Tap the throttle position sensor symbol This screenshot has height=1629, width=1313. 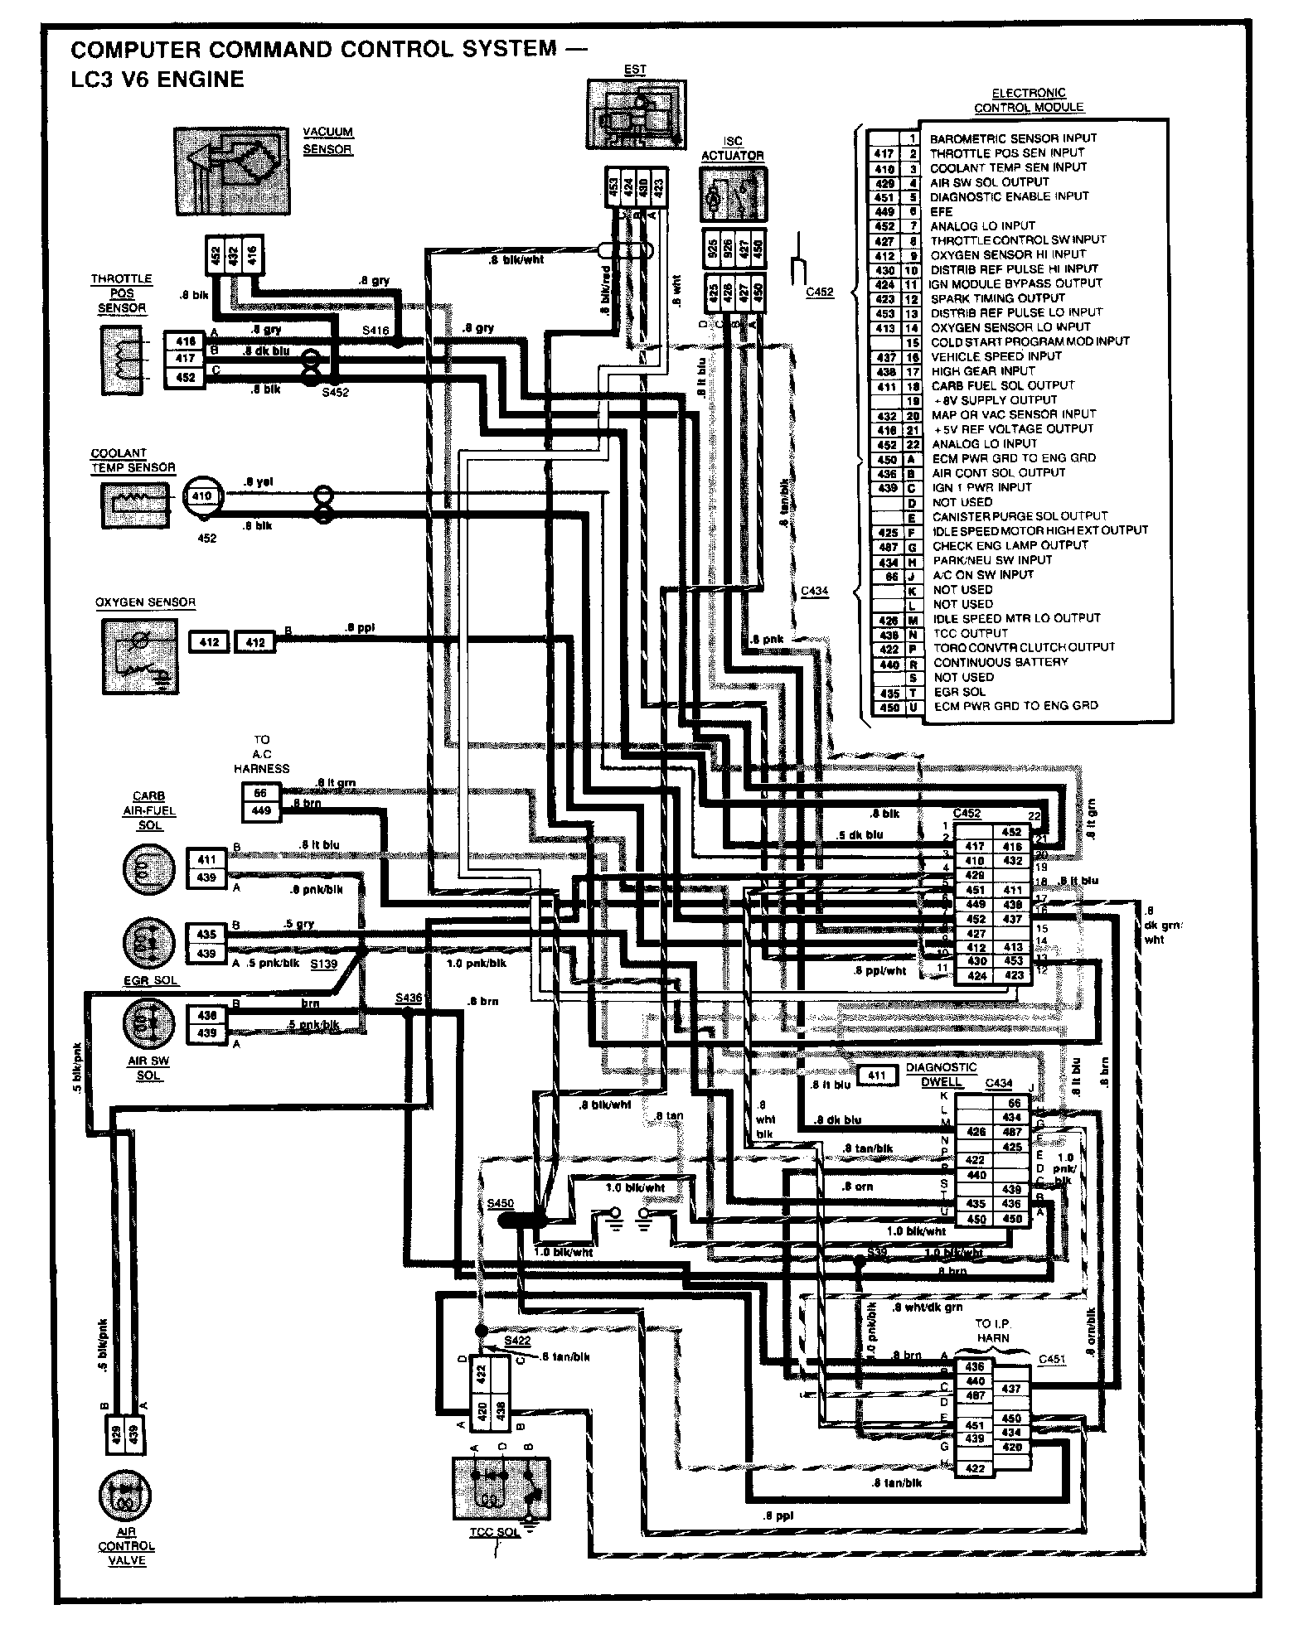[122, 360]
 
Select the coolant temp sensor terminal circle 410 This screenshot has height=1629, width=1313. [202, 496]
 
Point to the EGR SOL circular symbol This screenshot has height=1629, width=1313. [149, 944]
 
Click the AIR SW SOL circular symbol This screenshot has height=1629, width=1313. [149, 1024]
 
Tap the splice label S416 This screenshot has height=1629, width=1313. [375, 331]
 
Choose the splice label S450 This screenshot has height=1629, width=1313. [501, 1202]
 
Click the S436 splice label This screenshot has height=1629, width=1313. [409, 998]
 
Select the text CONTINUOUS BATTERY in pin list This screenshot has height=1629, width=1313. [1000, 662]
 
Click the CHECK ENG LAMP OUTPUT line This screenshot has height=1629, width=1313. [1010, 545]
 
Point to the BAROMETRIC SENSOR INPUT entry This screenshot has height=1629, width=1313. [1012, 138]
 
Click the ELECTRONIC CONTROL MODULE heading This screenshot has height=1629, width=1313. [1029, 100]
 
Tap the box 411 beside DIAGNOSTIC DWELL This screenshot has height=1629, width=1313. [876, 1076]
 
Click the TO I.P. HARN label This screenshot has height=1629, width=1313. [992, 1354]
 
